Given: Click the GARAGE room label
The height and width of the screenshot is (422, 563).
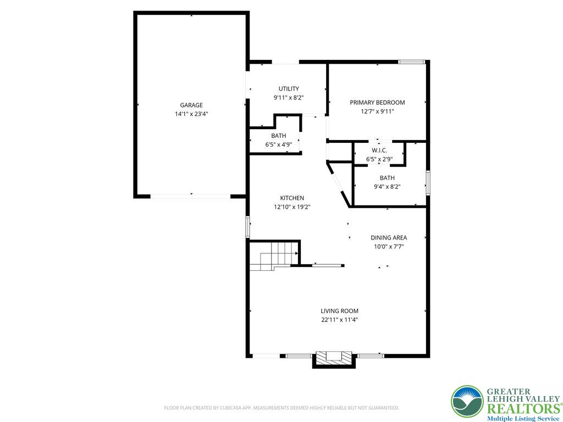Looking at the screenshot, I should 191,105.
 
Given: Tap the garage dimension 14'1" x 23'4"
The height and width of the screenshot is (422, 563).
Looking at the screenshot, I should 191,114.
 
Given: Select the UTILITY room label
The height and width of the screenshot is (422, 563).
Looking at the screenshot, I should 289,88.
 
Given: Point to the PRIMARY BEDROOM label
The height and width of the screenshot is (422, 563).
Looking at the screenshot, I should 377,102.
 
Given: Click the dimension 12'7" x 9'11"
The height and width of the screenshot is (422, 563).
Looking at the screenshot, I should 377,111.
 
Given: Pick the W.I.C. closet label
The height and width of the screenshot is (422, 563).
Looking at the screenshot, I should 379,151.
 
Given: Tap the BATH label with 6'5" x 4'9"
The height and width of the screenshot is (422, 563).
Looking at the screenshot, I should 278,136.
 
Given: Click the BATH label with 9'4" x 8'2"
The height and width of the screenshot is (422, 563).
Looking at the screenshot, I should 387,177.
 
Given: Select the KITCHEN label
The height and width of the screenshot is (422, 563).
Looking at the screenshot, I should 292,198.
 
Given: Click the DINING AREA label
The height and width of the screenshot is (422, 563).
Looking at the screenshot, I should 389,237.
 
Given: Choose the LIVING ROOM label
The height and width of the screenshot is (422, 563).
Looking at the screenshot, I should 340,310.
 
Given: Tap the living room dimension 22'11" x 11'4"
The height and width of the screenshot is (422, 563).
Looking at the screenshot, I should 340,319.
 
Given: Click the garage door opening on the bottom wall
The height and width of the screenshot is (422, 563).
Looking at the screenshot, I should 191,196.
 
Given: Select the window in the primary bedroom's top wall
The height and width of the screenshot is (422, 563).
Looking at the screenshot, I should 412,62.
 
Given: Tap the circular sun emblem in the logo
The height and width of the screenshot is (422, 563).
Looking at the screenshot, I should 467,401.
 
